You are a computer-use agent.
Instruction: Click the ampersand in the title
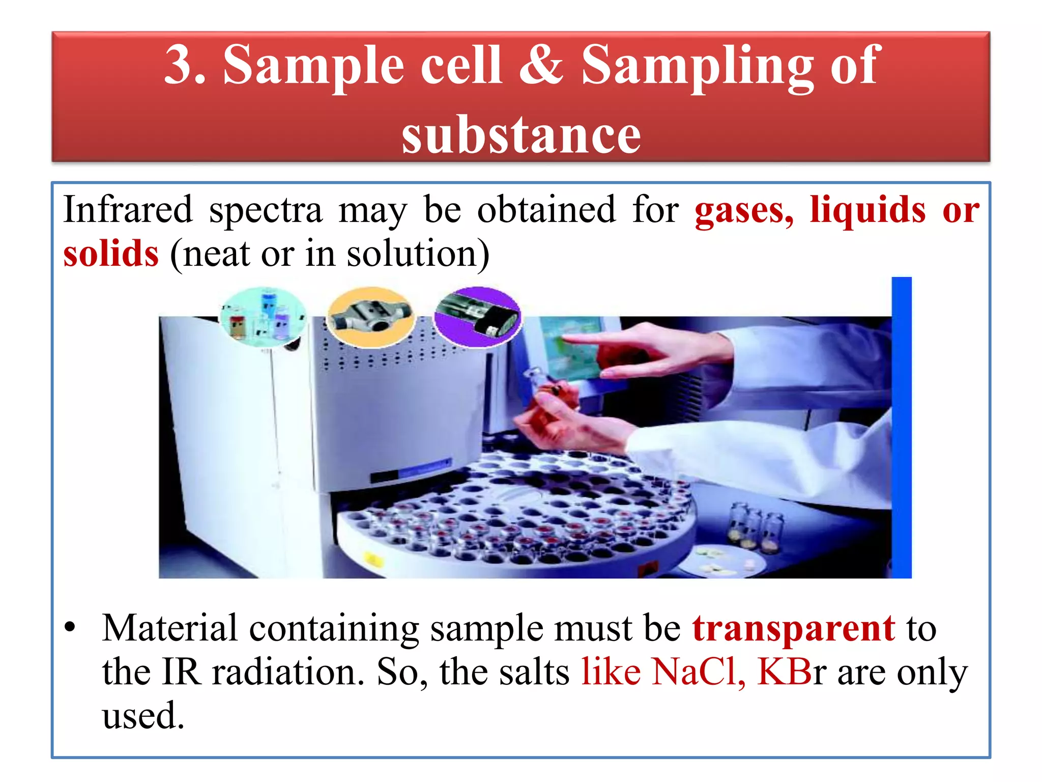coord(541,65)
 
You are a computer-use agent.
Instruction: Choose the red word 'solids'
coord(111,254)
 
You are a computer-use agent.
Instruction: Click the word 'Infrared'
coord(128,210)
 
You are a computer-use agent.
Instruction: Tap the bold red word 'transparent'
coord(793,628)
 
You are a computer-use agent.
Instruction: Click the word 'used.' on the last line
coord(143,716)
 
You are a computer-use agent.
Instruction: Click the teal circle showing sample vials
coord(263,317)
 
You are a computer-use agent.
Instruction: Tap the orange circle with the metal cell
coord(370,317)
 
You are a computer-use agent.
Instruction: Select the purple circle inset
coord(478,317)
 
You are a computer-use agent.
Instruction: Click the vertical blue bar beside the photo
coord(901,428)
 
